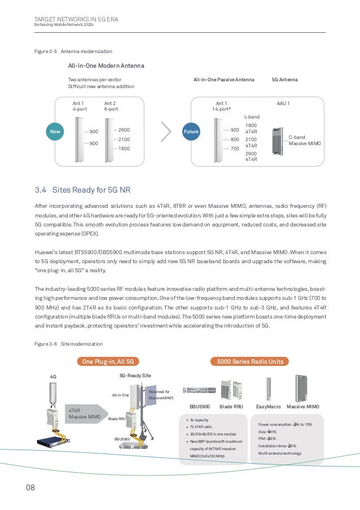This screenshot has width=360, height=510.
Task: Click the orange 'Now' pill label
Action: tap(55, 132)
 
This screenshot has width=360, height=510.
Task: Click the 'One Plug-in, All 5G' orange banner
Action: tap(107, 361)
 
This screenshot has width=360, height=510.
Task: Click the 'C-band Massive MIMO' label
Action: tap(305, 141)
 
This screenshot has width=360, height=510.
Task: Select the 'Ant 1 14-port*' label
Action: tap(222, 106)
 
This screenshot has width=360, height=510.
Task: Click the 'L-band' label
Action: tap(252, 116)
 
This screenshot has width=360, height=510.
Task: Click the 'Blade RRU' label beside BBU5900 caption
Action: tap(231, 406)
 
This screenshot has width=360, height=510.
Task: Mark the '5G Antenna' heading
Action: tap(285, 80)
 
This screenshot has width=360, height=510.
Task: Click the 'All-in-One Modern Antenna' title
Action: tap(106, 66)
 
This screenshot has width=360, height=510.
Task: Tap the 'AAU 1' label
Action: tap(283, 104)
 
